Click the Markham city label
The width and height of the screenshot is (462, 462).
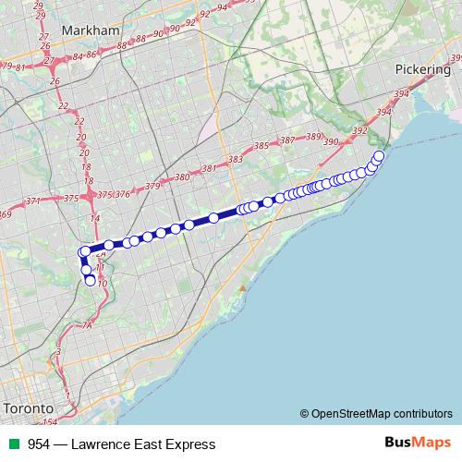tap(91, 30)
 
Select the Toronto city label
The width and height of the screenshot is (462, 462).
tap(28, 408)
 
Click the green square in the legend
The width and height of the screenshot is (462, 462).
tap(12, 444)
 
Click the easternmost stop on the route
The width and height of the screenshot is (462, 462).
tap(379, 155)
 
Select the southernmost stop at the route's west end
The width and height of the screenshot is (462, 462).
tap(91, 282)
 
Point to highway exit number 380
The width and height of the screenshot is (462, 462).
tap(181, 177)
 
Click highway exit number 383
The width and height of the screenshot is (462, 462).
tap(235, 160)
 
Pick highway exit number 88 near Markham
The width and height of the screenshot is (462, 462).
tap(140, 40)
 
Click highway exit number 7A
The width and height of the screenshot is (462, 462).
tap(89, 325)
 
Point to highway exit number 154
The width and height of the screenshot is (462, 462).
tap(50, 421)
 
